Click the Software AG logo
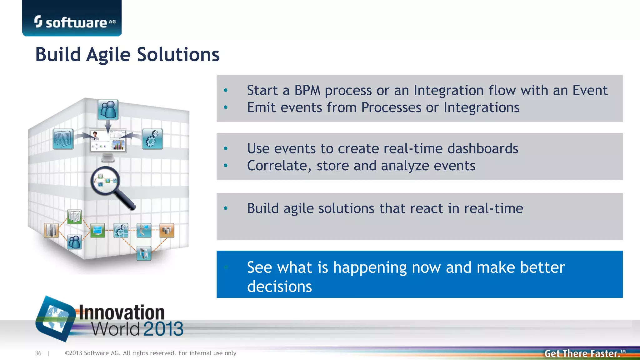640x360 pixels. coord(74,22)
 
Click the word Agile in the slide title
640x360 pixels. coord(108,55)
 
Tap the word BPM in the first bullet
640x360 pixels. coord(307,91)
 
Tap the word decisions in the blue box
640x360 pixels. coord(279,287)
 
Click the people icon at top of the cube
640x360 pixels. coord(108,110)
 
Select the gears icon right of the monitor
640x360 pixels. coord(152,139)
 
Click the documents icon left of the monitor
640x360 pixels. coord(63,139)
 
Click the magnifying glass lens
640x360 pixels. coord(105,181)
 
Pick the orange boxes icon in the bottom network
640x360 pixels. coord(167,231)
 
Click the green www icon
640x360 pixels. coord(97,230)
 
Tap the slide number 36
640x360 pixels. coord(38,353)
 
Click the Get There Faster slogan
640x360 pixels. coord(582,353)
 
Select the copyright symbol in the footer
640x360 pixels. coord(67,353)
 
